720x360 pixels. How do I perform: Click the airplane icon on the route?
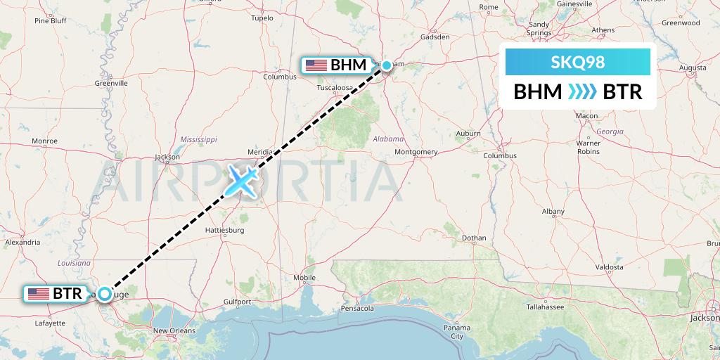pyautogui.click(x=241, y=180)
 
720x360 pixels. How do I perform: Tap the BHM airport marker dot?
pyautogui.click(x=386, y=65)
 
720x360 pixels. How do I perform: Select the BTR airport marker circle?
pyautogui.click(x=104, y=294)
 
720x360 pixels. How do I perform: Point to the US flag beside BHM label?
pyautogui.click(x=316, y=65)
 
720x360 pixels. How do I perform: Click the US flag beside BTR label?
pyautogui.click(x=39, y=294)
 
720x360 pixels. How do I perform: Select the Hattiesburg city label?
pyautogui.click(x=224, y=230)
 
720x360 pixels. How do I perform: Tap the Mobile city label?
pyautogui.click(x=304, y=278)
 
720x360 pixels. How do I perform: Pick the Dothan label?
pyautogui.click(x=475, y=238)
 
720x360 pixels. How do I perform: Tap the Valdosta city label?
pyautogui.click(x=608, y=267)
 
